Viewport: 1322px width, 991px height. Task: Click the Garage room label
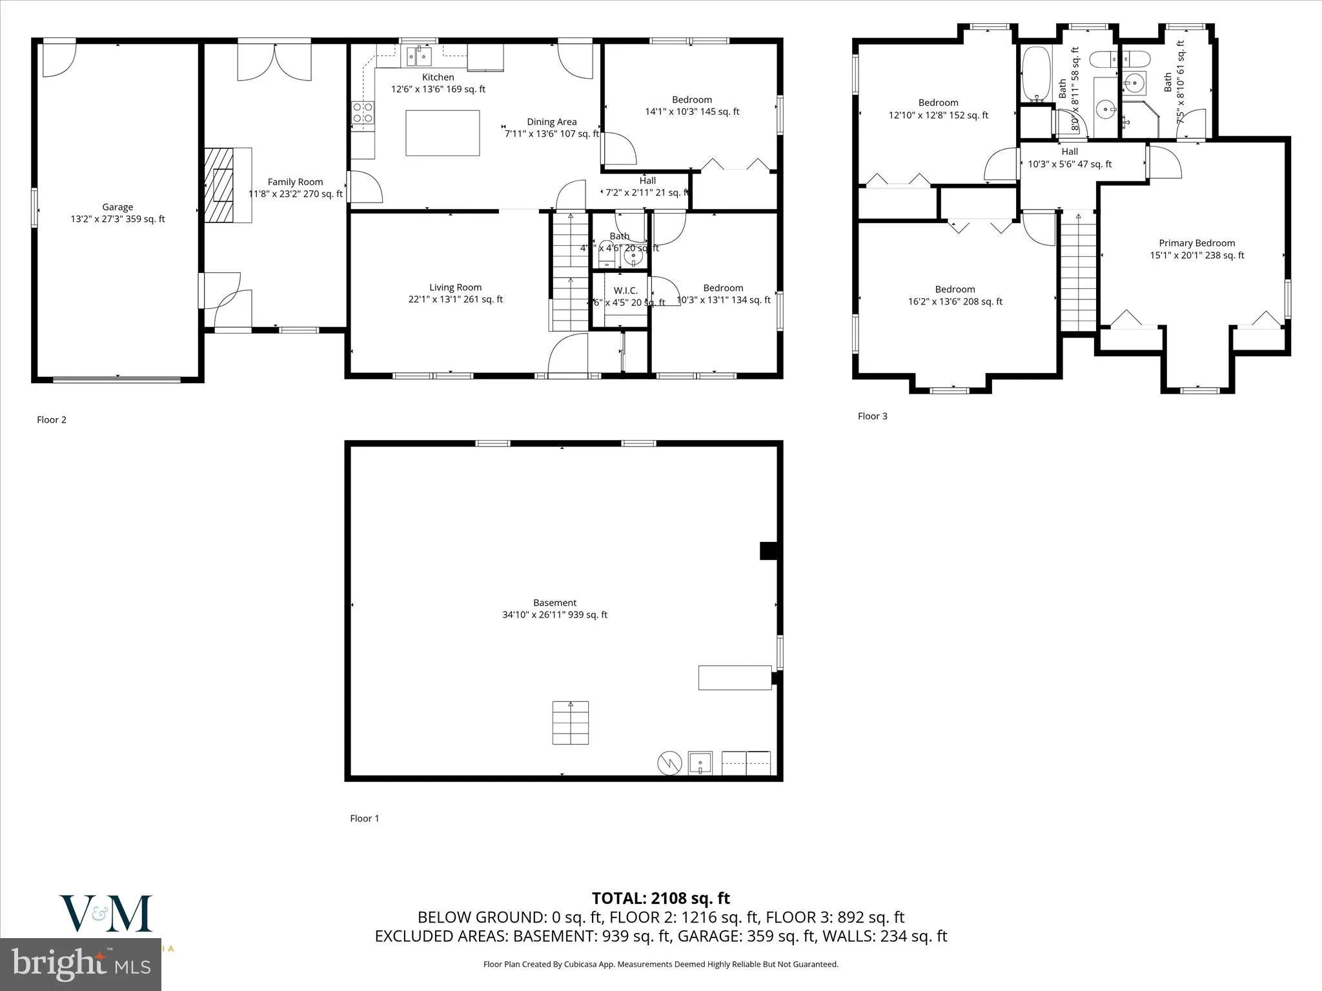(117, 207)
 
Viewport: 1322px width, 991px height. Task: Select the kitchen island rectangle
(442, 133)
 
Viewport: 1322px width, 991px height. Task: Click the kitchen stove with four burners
(363, 114)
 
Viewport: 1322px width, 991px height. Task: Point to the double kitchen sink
(419, 57)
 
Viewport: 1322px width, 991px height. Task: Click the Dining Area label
(551, 122)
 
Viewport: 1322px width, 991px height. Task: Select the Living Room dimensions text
(455, 299)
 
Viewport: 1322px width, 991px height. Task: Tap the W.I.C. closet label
(625, 291)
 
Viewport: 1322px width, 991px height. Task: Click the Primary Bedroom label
(1196, 243)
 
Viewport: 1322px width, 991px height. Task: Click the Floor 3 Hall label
(1070, 152)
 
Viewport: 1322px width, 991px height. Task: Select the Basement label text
(554, 603)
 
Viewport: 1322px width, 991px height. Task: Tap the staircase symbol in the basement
(570, 723)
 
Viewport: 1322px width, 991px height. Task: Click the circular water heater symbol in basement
(669, 763)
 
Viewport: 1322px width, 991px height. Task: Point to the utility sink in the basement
(700, 763)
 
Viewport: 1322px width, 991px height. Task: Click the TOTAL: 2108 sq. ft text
(660, 898)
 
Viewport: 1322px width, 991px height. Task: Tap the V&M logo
(106, 913)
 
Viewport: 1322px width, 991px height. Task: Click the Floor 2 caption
(52, 420)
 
